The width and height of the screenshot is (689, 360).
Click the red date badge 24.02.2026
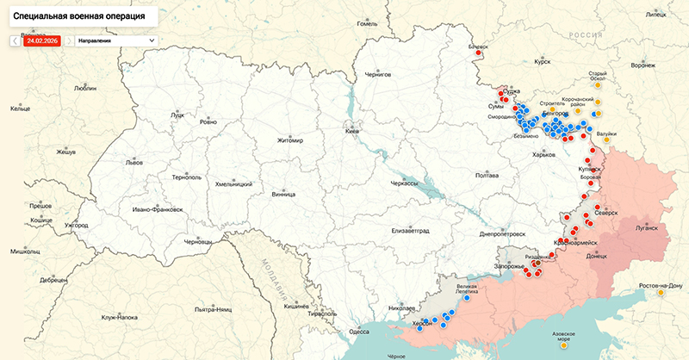click(x=42, y=40)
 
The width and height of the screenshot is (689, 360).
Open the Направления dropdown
click(x=115, y=40)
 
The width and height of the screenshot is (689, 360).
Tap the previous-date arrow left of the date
click(x=15, y=40)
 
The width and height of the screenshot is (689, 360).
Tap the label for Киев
click(x=352, y=131)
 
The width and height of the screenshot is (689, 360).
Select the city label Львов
click(x=134, y=162)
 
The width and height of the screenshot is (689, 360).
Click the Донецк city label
click(x=597, y=256)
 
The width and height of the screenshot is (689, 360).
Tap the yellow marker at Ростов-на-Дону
click(x=661, y=293)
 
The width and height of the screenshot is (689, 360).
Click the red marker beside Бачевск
click(x=478, y=53)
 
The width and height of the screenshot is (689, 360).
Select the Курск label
click(x=542, y=62)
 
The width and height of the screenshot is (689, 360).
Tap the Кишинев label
click(x=296, y=306)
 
